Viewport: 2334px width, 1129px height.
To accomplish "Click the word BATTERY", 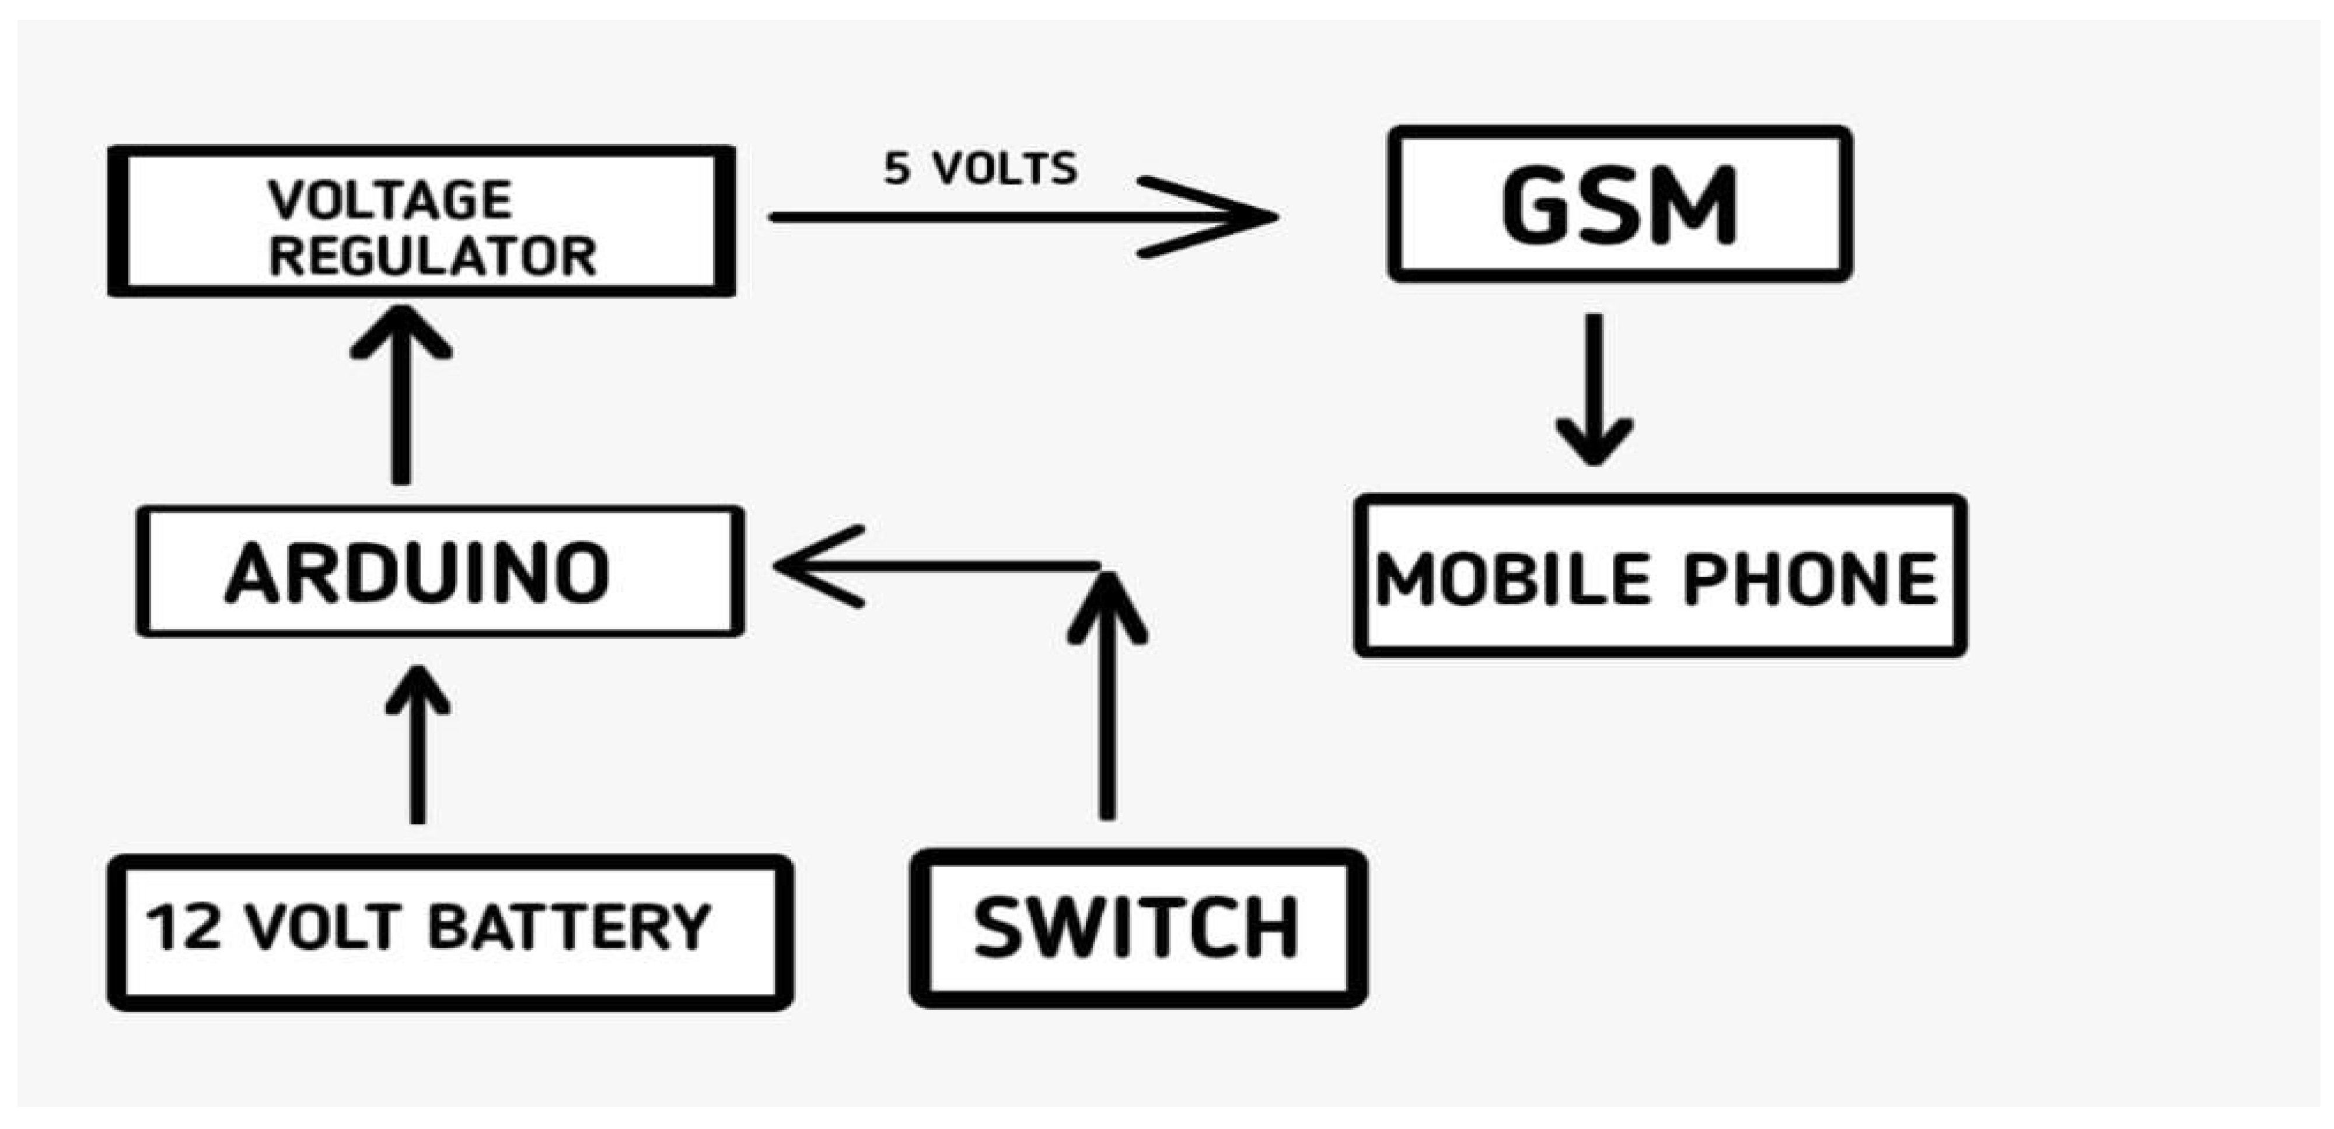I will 569,928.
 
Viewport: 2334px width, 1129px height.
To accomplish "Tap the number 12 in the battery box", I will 184,928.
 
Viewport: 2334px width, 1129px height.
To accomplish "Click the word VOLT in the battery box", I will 323,928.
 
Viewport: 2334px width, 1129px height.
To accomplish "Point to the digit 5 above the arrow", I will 896,169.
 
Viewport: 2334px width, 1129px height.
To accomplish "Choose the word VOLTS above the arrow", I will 1006,169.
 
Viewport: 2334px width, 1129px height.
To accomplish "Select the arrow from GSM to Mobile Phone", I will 1595,390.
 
